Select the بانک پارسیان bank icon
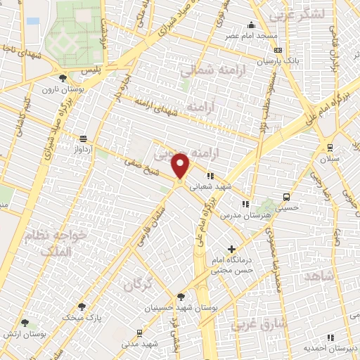pos(278,51)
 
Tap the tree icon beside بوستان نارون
pos(63,78)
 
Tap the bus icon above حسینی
pos(285,196)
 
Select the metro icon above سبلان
pos(329,146)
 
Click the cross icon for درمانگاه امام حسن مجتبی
pos(231,250)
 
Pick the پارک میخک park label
pos(105,318)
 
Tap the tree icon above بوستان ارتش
pos(26,323)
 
